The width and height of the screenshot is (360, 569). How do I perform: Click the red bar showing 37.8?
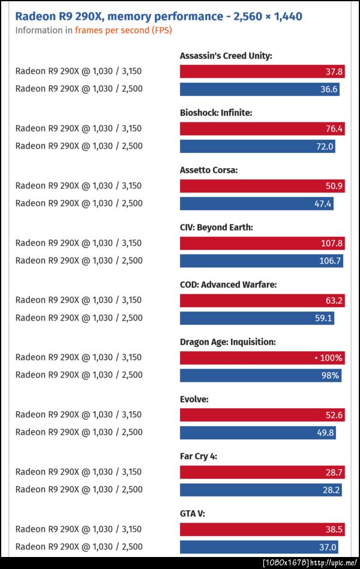click(x=262, y=71)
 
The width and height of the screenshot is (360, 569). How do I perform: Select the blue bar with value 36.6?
click(x=260, y=89)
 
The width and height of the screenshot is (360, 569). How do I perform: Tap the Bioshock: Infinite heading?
click(x=216, y=112)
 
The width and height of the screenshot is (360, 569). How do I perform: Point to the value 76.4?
click(x=334, y=128)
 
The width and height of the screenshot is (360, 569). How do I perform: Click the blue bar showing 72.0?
click(x=257, y=146)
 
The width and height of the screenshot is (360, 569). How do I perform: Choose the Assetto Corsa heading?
click(x=209, y=170)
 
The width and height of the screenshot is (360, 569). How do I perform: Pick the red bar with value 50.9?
click(x=262, y=186)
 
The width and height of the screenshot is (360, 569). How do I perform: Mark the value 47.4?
click(x=322, y=203)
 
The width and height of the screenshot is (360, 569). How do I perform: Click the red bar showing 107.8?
click(x=262, y=243)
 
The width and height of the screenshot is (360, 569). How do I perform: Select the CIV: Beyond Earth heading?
click(x=216, y=227)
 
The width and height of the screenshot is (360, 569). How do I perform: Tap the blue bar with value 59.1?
click(x=257, y=318)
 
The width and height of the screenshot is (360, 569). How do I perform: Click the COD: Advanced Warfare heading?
click(x=228, y=284)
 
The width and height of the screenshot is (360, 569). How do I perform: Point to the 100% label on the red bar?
click(x=331, y=358)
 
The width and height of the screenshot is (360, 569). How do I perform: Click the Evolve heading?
click(x=194, y=399)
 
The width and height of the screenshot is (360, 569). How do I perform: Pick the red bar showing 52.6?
click(x=262, y=415)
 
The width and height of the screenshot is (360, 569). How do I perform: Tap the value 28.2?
click(x=332, y=490)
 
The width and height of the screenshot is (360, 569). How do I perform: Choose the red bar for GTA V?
click(x=262, y=529)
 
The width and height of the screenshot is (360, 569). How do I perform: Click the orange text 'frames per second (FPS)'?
click(x=123, y=30)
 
